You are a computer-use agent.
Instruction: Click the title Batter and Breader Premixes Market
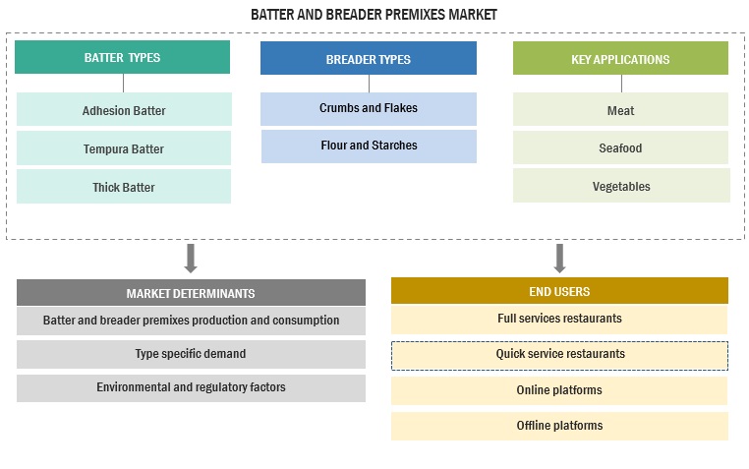coord(374,15)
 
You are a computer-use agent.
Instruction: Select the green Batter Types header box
coord(123,58)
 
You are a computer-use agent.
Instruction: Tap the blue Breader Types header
coord(368,59)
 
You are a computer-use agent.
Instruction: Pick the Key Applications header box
coord(620,59)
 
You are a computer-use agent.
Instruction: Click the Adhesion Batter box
coord(124,110)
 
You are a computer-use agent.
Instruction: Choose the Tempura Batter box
coord(124,148)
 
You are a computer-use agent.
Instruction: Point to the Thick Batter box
coord(124,187)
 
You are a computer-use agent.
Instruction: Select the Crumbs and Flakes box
coord(369,108)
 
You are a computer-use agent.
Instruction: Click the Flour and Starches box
coord(369,146)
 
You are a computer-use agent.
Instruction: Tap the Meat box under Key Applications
coord(620,110)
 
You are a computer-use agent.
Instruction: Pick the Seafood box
coord(620,147)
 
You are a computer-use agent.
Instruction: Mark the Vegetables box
coord(620,186)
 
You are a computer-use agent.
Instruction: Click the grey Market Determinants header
coord(191,293)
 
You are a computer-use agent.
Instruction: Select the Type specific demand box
coord(191,354)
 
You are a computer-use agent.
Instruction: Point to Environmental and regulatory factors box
coord(191,387)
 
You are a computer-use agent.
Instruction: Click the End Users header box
coord(559,291)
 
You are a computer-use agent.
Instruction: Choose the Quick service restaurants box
coord(559,354)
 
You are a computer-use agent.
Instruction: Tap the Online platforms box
coord(559,390)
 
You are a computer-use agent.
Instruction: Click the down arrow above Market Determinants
coord(191,258)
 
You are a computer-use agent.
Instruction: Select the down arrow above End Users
coord(559,258)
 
